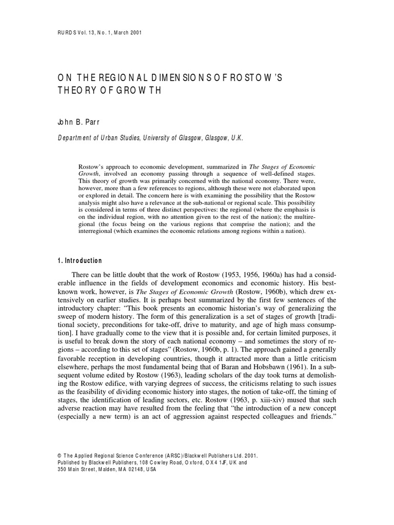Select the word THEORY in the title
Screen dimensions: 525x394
tap(75, 90)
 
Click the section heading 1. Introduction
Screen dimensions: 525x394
tap(80, 261)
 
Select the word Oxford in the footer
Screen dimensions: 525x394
tap(187, 462)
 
